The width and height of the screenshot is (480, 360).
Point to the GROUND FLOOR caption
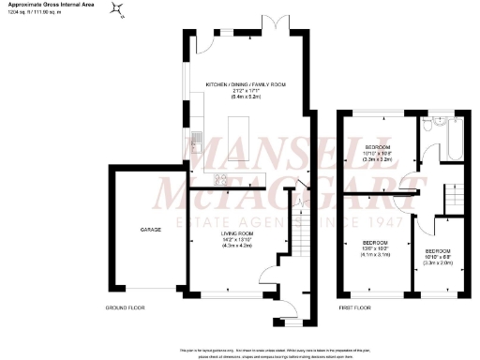tap(125, 307)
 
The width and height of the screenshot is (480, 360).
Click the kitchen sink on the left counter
tap(196, 141)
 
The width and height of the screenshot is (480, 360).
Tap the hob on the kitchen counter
tap(223, 179)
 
